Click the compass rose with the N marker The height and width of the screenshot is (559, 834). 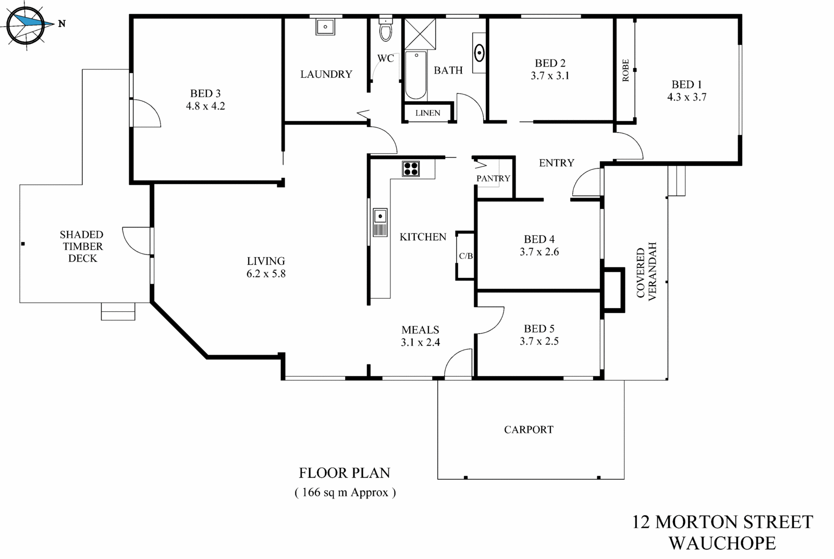pos(26,25)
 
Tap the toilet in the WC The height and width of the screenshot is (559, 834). pos(385,31)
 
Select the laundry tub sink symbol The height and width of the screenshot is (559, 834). pos(325,26)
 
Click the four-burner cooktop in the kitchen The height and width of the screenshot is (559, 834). pos(411,168)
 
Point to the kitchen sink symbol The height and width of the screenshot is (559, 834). pos(380,222)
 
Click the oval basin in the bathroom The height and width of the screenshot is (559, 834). pos(480,52)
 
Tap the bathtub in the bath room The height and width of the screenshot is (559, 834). pos(415,75)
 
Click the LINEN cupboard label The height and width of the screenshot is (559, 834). pos(427,113)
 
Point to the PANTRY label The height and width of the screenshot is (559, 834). pos(493,178)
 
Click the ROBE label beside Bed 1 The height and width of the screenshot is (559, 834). pos(625,70)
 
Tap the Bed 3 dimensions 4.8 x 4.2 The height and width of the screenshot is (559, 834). pos(205,106)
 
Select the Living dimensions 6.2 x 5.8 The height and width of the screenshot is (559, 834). pos(266,273)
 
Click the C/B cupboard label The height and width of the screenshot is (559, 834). pos(465,256)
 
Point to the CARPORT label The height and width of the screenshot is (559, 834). pos(529,430)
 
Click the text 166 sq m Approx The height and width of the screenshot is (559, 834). pos(345,492)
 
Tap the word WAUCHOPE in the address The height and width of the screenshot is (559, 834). pos(722,543)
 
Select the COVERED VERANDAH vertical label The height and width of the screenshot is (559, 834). pos(646,271)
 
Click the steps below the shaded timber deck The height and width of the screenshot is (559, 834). pos(118,311)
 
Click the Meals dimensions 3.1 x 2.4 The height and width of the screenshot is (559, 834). pos(420,342)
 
